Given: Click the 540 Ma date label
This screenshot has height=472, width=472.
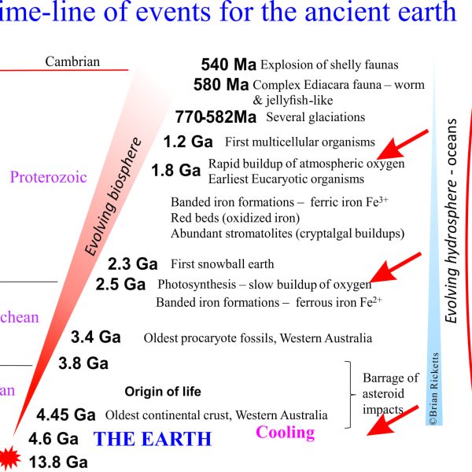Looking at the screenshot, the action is tap(228, 65).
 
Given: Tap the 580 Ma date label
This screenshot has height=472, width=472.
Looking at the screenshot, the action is tap(221, 85).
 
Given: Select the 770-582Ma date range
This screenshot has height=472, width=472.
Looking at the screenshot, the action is tap(216, 117).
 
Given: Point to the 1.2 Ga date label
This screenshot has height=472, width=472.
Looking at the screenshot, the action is tap(188, 142).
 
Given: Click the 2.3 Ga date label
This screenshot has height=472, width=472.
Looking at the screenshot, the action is tap(133, 264).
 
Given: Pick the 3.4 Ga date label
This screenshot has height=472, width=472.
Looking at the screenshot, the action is tap(96, 337).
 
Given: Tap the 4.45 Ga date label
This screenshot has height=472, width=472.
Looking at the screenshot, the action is tap(66, 415).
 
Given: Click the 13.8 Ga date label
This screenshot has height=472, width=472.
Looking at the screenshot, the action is tap(58, 462).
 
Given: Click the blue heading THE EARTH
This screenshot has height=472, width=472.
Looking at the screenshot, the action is tap(153, 439).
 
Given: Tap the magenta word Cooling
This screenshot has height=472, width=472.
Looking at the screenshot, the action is tap(285, 433).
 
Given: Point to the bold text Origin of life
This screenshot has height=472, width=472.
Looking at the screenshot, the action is tap(163, 392).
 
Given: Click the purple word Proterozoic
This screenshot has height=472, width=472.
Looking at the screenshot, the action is tap(49, 177).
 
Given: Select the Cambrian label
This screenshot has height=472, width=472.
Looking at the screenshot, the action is tap(72, 61).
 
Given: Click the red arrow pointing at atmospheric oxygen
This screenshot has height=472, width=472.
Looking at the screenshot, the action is tap(402, 145).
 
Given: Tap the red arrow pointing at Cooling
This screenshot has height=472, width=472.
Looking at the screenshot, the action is tap(393, 421).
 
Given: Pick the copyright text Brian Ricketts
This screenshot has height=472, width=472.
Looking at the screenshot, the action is tap(433, 389).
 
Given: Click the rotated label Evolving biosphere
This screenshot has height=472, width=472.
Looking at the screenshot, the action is tap(112, 197).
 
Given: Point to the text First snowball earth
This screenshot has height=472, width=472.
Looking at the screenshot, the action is tap(223, 264).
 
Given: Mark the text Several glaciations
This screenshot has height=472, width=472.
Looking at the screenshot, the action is tap(315, 117).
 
